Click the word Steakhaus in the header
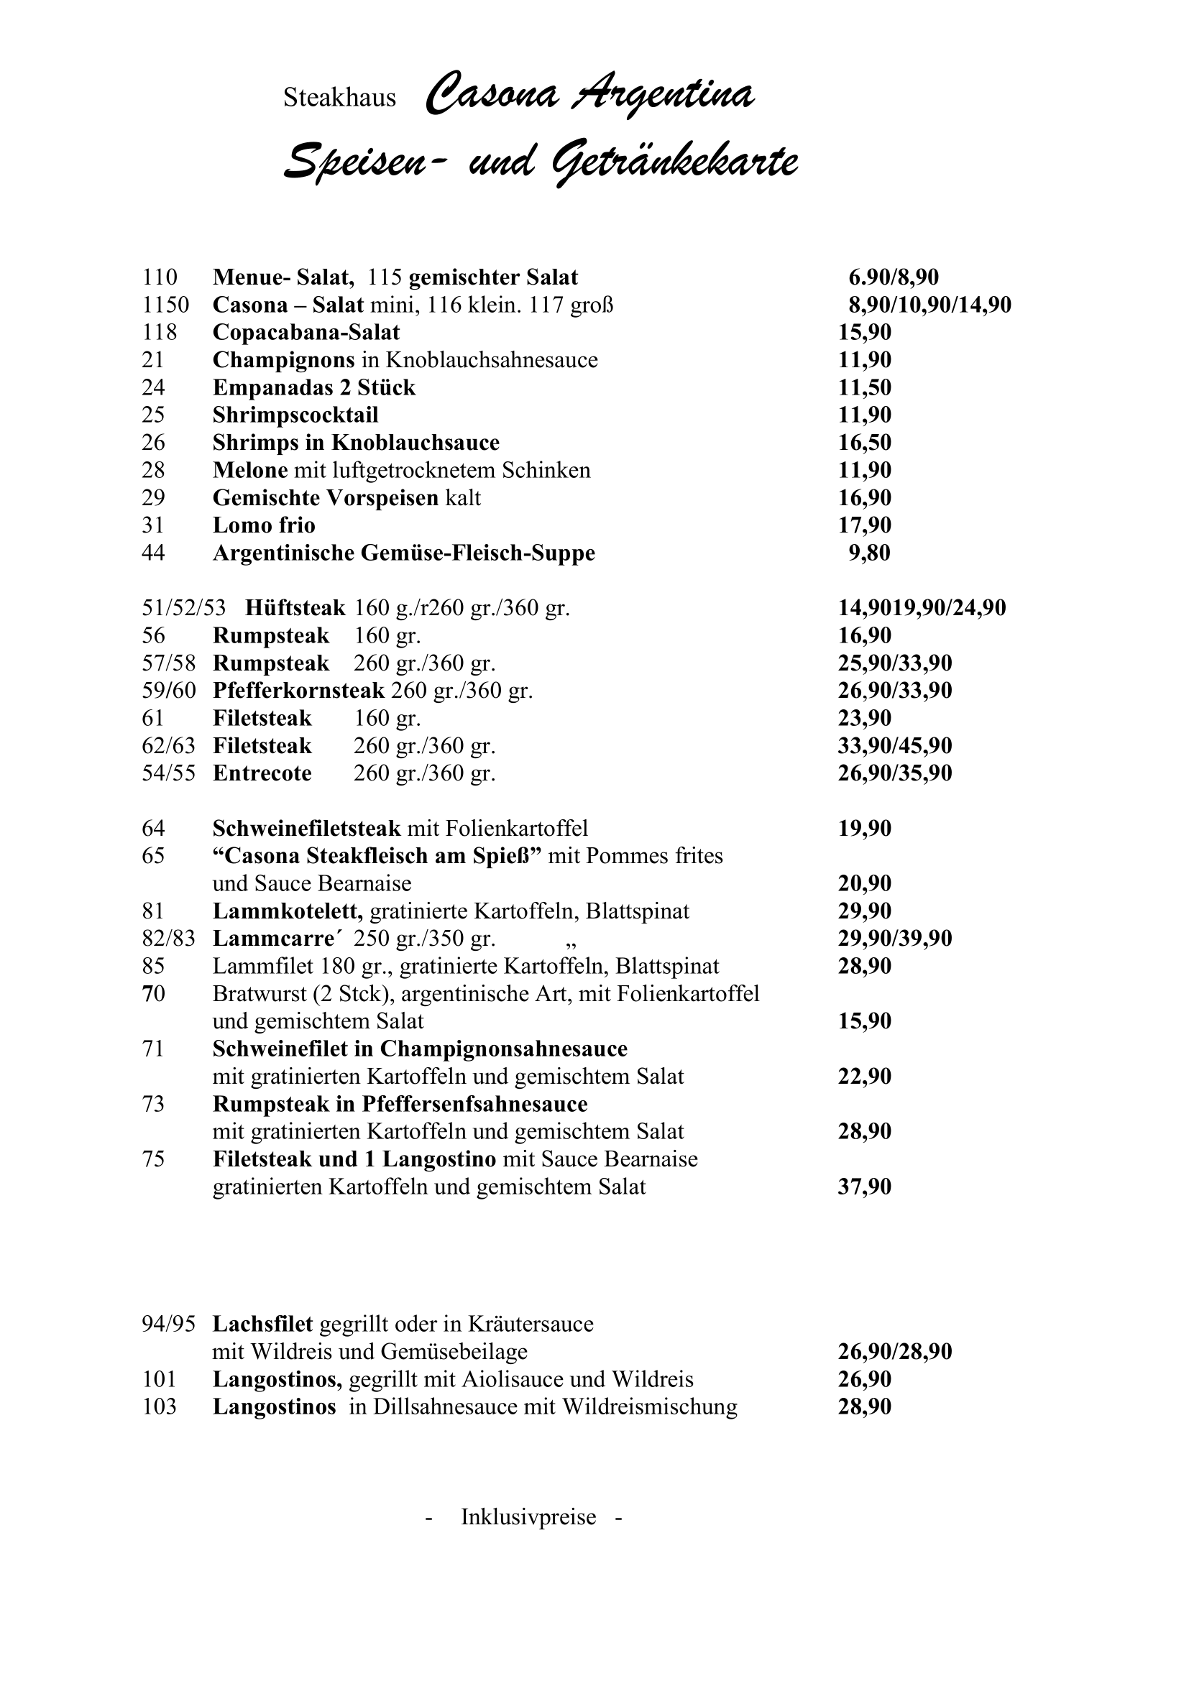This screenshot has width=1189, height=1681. (339, 98)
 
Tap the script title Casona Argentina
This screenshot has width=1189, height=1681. (589, 96)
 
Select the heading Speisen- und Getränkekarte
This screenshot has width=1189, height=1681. (541, 162)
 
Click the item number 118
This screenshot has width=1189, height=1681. (159, 333)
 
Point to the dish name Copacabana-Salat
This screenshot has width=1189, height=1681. (306, 333)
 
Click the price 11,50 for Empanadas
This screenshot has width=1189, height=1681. (865, 387)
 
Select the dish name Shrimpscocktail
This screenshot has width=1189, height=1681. (295, 415)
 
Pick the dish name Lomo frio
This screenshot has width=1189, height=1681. (264, 525)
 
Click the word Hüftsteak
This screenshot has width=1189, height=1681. (295, 608)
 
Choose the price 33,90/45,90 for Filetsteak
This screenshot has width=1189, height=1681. (895, 746)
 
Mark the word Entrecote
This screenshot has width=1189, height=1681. (262, 773)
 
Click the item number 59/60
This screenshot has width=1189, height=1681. (168, 691)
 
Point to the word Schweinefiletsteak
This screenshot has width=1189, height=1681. (307, 829)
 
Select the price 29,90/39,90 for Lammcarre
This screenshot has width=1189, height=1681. (895, 939)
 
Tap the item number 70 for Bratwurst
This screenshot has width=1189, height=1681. (153, 994)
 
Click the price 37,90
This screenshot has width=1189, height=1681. (865, 1187)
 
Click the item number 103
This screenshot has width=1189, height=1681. (159, 1407)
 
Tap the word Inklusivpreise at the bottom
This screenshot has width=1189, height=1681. (528, 1517)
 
